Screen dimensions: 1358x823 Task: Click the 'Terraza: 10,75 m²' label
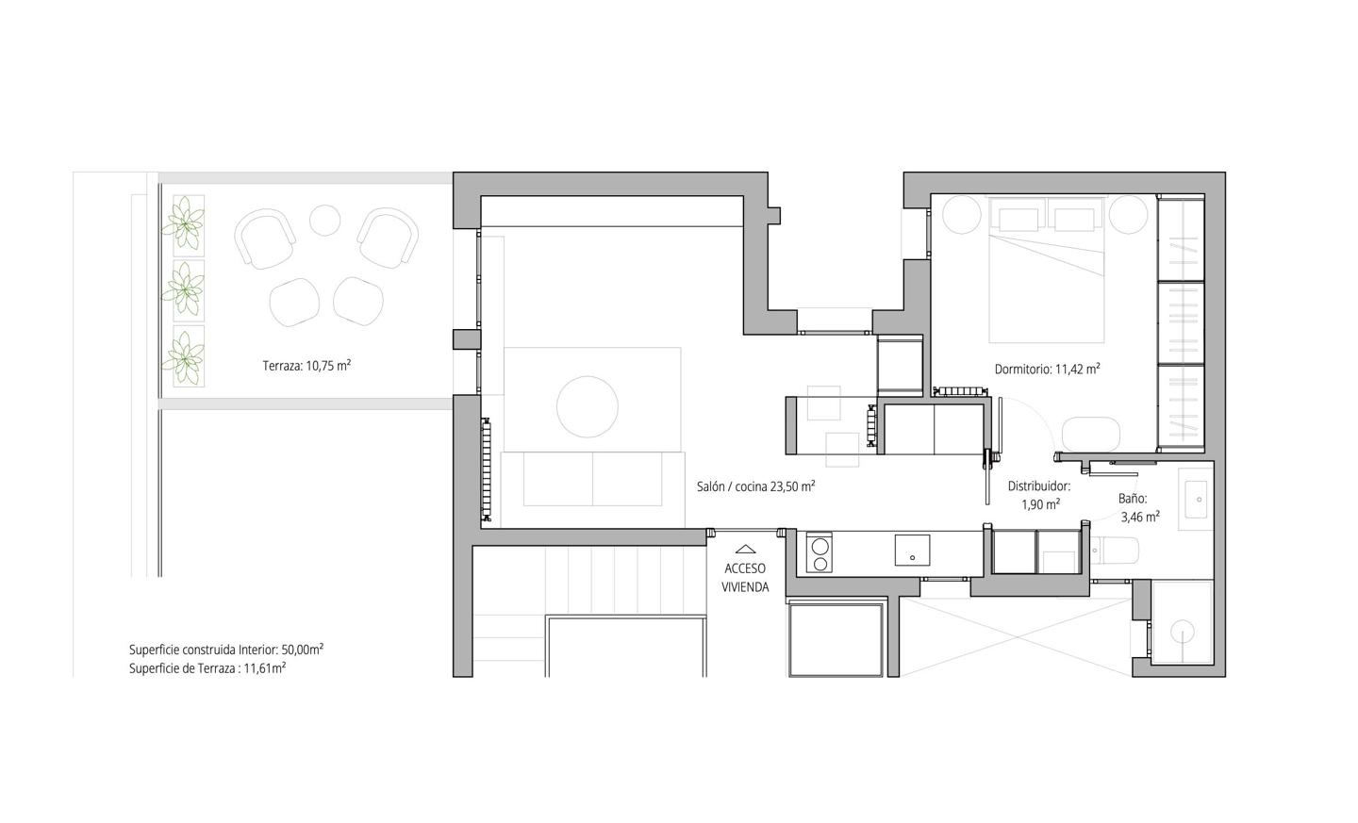[306, 366]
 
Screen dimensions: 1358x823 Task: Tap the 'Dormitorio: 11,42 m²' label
[1048, 369]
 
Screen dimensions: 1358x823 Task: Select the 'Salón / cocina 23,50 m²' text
[756, 486]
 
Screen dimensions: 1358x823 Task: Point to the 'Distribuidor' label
[1039, 486]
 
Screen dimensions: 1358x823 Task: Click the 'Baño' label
[1133, 499]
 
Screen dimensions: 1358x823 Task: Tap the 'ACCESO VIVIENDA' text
[745, 578]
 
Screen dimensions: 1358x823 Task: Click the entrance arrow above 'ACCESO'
[745, 549]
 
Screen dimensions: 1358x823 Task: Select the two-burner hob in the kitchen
[819, 554]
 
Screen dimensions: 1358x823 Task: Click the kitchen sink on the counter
[913, 550]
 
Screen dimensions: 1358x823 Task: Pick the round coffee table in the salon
[588, 406]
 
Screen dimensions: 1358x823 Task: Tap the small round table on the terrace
[325, 220]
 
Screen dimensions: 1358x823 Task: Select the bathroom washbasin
[1196, 500]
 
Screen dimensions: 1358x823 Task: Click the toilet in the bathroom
[1115, 551]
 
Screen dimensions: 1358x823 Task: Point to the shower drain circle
[1182, 632]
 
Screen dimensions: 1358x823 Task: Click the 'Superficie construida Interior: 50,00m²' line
[225, 650]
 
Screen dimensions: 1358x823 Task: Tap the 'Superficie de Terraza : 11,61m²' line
[207, 668]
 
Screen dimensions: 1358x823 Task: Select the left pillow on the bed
[1018, 220]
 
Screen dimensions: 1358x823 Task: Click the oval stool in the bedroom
[1090, 434]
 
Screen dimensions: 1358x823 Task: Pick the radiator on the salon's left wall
[487, 469]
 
